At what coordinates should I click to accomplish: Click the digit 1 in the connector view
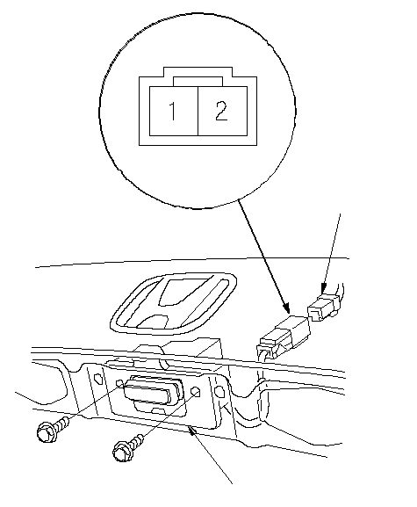pos(173,111)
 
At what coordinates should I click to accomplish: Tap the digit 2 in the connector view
pos(221,111)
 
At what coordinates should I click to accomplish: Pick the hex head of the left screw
pos(47,432)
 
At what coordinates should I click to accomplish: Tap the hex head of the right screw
pos(123,451)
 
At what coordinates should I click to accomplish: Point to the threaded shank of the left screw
pos(63,424)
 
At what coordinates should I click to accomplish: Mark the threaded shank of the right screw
pos(138,441)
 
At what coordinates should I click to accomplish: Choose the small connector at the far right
pos(323,308)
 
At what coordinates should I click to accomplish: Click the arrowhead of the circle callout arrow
pos(285,308)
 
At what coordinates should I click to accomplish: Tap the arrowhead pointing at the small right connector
pos(324,288)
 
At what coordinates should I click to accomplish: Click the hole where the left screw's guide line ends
pos(120,384)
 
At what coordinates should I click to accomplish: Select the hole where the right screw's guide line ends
pos(196,392)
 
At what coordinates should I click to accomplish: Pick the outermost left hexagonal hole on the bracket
pos(97,378)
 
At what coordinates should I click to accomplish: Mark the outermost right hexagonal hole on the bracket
pos(219,391)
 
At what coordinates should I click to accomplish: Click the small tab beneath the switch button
pos(158,411)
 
